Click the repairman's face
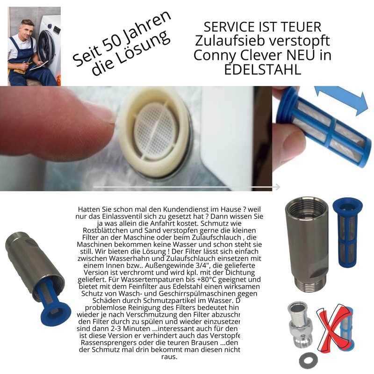tap(28, 31)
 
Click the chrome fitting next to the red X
tap(299, 323)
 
